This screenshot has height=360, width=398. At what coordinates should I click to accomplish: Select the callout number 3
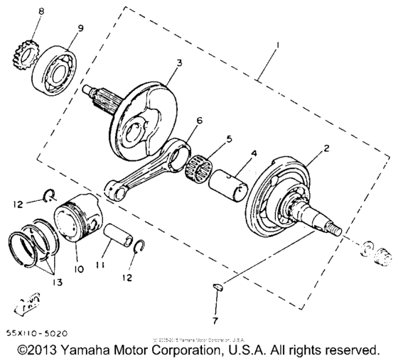pos(180,63)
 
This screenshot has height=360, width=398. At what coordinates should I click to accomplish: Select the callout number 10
pos(78,269)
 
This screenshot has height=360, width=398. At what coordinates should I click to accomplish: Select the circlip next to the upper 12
pos(47,198)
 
